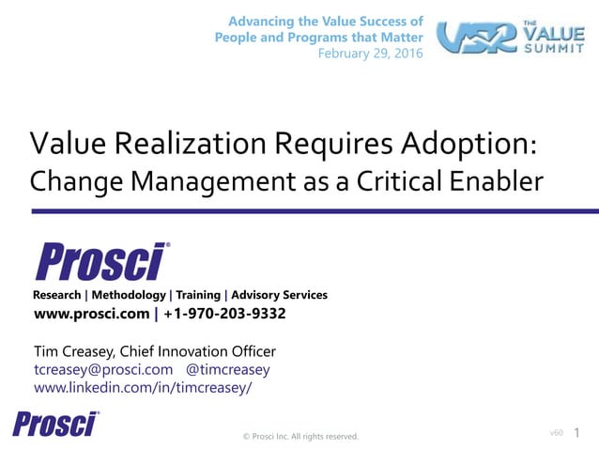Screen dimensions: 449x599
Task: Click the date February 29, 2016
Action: (370, 54)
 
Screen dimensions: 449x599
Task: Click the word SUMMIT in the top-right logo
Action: (559, 49)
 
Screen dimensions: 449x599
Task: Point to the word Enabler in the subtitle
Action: (495, 180)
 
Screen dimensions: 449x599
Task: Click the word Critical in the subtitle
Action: (396, 180)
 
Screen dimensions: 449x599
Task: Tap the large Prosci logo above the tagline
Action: (102, 261)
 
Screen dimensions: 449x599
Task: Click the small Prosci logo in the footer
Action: (56, 424)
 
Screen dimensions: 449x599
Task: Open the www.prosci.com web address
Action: (91, 314)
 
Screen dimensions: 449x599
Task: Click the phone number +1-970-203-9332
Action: (224, 314)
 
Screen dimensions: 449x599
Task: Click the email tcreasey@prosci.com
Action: (103, 369)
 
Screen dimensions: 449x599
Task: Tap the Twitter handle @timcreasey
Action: (228, 369)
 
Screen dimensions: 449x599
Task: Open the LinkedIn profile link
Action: (143, 387)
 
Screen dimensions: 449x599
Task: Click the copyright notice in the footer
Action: (300, 436)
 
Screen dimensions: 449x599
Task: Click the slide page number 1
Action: (576, 433)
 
